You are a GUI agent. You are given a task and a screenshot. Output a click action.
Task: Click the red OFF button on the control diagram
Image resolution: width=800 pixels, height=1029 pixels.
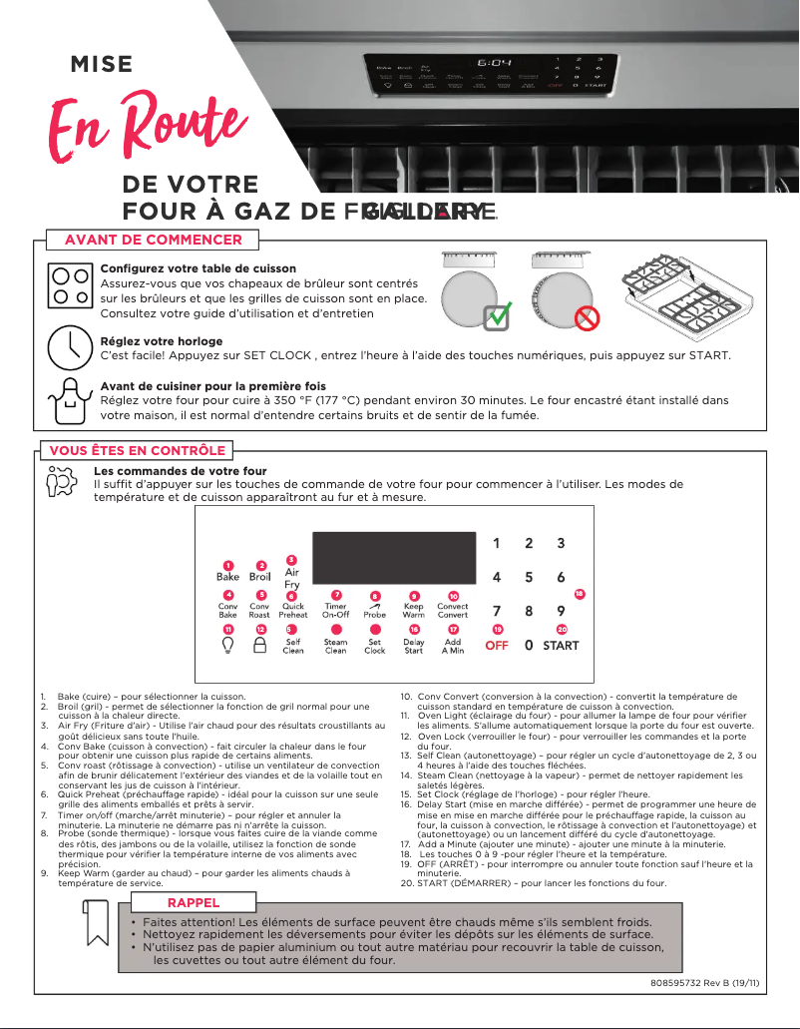[x=497, y=646]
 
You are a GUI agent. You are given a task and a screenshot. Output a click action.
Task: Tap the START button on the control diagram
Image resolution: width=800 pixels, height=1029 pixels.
[x=561, y=646]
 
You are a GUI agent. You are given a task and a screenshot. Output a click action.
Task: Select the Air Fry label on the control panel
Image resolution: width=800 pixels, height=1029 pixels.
[x=292, y=579]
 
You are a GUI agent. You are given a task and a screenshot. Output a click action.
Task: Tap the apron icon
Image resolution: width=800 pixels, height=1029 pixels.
[x=69, y=400]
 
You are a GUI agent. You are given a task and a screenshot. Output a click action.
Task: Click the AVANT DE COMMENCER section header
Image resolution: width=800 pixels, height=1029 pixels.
[x=153, y=240]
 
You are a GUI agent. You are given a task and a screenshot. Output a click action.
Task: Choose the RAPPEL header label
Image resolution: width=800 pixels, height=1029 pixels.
[x=194, y=902]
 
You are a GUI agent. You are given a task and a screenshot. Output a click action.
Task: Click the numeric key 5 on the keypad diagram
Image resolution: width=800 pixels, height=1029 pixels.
[x=529, y=577]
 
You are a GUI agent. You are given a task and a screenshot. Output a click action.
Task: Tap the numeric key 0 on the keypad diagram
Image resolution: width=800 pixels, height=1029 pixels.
[x=529, y=646]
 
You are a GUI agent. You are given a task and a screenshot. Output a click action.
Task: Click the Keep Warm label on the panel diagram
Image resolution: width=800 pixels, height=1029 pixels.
[x=413, y=611]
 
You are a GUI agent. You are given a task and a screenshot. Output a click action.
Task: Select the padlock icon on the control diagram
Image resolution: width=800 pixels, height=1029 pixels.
[x=260, y=646]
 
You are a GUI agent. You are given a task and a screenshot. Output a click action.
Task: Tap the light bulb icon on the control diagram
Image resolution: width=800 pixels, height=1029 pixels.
[x=228, y=646]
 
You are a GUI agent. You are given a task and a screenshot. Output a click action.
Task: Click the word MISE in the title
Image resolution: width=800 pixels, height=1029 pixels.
[x=101, y=65]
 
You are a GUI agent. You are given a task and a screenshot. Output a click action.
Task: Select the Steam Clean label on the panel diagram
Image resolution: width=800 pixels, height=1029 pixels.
[x=336, y=647]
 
